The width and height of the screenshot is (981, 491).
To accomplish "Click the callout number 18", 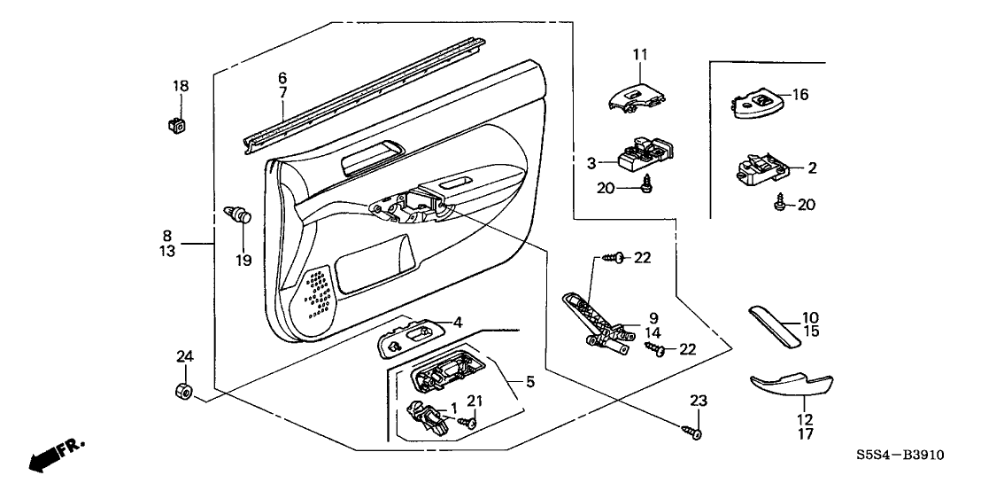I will [181, 86].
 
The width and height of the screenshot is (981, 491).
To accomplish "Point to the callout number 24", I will [183, 357].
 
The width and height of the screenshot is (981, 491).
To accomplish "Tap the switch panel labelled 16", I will [759, 102].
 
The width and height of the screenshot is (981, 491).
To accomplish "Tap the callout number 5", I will [530, 383].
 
